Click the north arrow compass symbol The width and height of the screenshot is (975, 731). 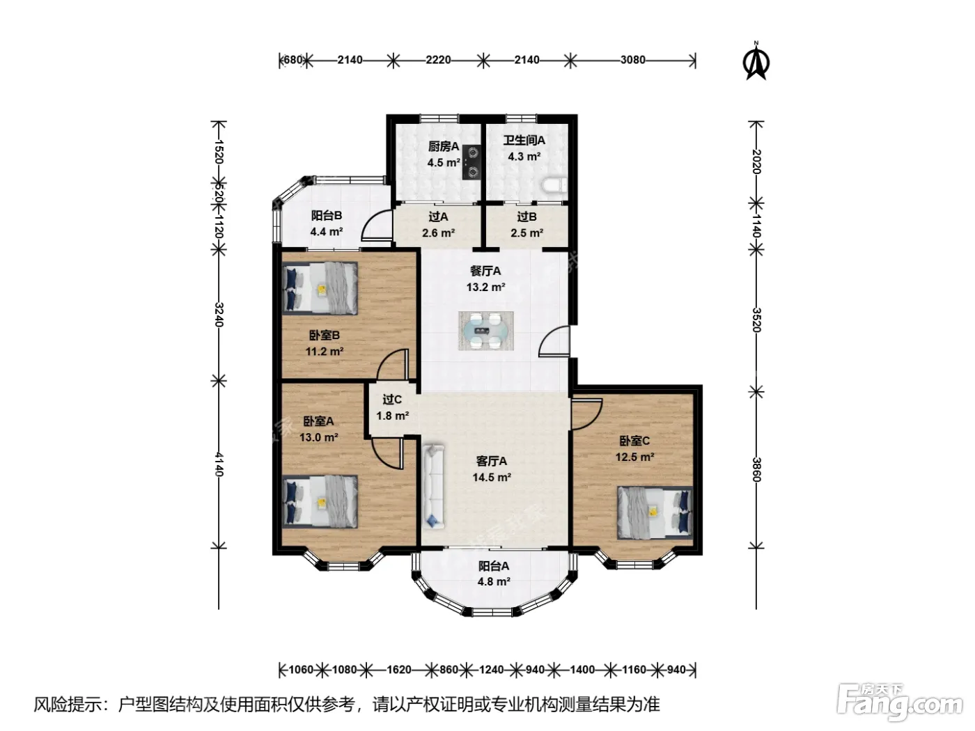tap(756, 61)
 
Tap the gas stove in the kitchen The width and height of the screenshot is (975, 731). tap(471, 162)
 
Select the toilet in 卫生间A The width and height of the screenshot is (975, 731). tap(555, 185)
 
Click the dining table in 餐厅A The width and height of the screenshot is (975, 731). tap(486, 331)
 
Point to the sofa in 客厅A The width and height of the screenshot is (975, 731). tap(433, 487)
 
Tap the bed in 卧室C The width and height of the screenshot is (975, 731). tap(655, 512)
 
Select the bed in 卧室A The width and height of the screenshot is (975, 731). tap(320, 502)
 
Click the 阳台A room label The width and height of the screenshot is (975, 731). tap(494, 566)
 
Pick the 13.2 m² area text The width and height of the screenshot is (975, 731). tap(485, 287)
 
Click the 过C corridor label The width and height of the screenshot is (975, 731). tap(392, 400)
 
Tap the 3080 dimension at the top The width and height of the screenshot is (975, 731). tap(633, 59)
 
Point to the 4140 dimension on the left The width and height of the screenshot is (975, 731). tap(219, 464)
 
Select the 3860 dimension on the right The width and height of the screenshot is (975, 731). tap(757, 469)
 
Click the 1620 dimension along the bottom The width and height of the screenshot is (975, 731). tap(398, 669)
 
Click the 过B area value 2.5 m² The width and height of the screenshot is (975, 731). tap(526, 233)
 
